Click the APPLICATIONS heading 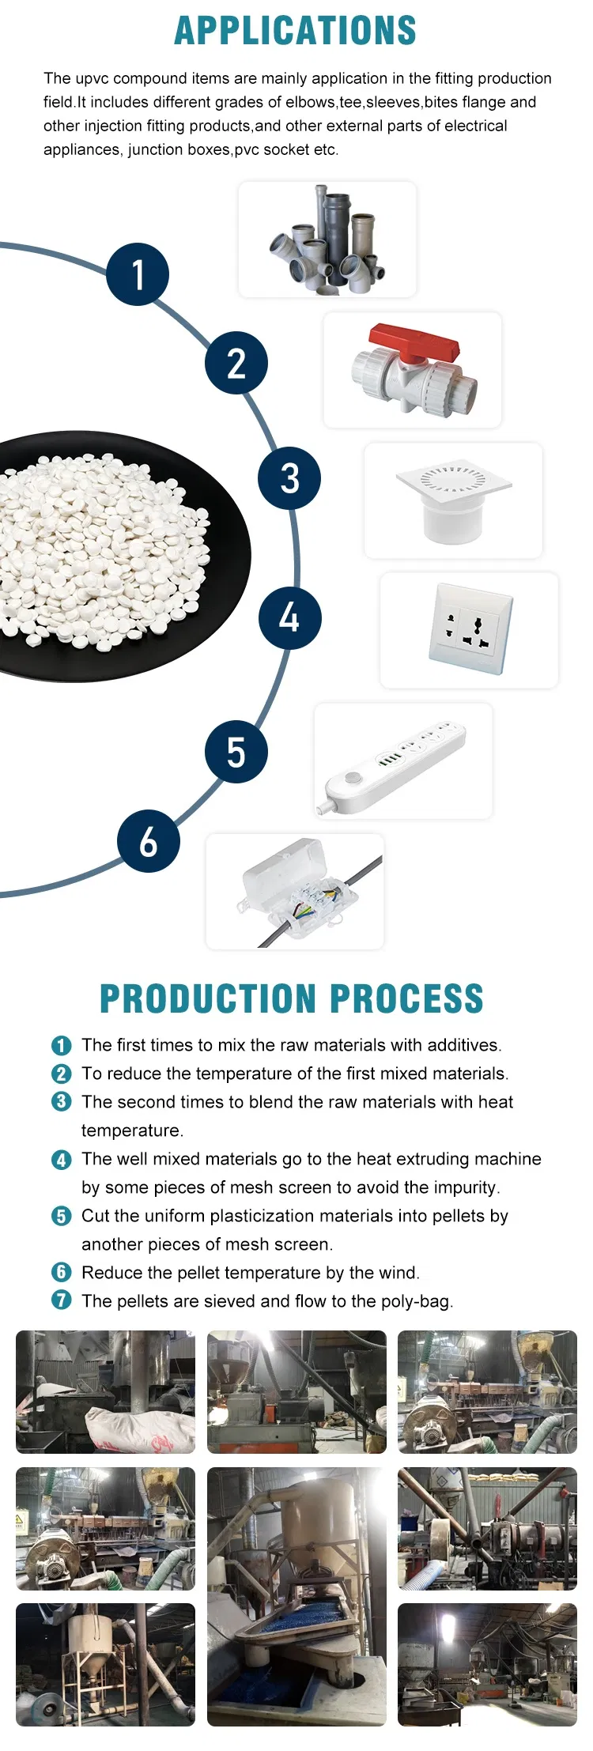295,31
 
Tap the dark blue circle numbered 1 138,274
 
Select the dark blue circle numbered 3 289,477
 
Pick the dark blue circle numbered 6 149,841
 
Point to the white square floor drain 453,499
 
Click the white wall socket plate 470,628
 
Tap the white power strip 395,765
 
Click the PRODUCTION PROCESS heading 292,998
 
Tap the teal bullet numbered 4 62,1160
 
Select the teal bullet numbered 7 62,1300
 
